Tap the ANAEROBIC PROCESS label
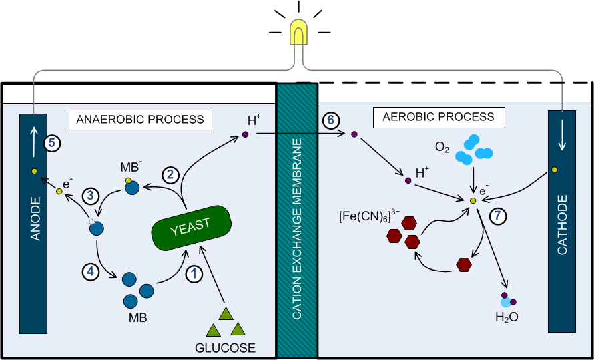140,120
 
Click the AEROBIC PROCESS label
438,117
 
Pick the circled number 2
170,174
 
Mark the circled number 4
91,271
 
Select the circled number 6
330,121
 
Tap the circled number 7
499,216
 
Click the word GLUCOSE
225,348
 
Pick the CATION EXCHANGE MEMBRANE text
297,220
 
